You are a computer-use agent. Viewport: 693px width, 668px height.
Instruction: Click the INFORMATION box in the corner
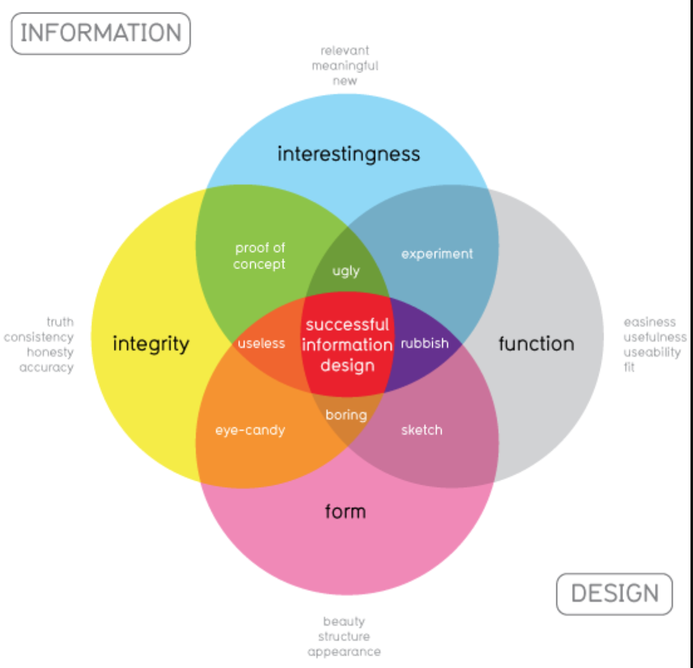click(x=101, y=33)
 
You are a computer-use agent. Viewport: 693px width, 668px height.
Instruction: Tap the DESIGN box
click(x=614, y=594)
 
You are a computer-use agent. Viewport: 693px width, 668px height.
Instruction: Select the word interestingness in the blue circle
click(x=348, y=153)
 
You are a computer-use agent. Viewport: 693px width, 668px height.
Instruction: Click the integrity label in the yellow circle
click(x=151, y=344)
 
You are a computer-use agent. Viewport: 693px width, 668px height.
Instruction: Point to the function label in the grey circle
click(x=536, y=343)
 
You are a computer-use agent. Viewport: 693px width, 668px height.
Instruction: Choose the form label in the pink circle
click(x=345, y=511)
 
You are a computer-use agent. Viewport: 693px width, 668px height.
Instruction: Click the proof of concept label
click(x=260, y=256)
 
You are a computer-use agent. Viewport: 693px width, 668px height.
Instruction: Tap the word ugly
click(x=346, y=271)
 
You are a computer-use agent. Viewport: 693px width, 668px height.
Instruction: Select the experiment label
click(x=437, y=254)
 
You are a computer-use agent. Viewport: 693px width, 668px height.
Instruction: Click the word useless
click(x=261, y=343)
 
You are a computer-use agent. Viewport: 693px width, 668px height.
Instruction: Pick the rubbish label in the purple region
click(x=425, y=343)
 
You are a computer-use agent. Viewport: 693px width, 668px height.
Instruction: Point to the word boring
click(x=346, y=415)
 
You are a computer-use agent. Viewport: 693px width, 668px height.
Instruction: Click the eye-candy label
click(x=250, y=430)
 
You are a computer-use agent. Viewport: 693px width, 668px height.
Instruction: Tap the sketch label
click(x=421, y=430)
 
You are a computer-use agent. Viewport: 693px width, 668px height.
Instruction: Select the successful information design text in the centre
click(x=347, y=345)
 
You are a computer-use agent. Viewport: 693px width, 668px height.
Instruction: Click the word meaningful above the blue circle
click(x=345, y=66)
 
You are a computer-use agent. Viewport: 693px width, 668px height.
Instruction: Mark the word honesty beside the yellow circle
click(x=50, y=352)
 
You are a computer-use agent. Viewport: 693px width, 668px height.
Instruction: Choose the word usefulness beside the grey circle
click(x=655, y=337)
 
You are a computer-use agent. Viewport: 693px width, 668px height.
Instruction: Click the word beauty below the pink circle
click(x=344, y=621)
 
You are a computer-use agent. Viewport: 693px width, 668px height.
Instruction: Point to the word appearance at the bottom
click(x=344, y=652)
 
